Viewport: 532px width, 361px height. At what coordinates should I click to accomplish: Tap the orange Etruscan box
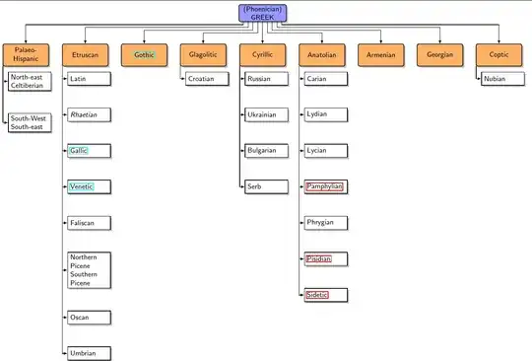point(86,55)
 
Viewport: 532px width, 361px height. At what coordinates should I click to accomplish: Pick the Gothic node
point(145,55)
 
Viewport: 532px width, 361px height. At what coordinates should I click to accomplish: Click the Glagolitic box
point(204,55)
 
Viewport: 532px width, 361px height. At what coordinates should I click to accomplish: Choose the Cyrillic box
point(263,55)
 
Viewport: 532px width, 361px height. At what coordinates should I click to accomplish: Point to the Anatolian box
point(322,55)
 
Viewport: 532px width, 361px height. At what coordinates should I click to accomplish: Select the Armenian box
point(381,55)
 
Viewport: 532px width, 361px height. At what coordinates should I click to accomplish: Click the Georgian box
point(440,55)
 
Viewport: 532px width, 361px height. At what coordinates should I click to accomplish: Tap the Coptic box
point(499,55)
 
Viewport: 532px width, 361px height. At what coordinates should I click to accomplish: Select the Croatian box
point(206,78)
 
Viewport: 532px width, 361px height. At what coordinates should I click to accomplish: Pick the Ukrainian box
point(266,114)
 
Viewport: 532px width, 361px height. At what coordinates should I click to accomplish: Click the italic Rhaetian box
point(86,114)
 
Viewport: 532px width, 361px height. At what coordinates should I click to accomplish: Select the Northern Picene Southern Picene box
point(87,270)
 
